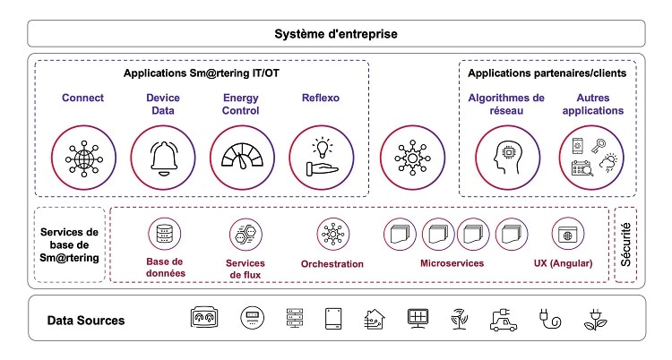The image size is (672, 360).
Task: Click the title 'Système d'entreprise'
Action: pos(335,34)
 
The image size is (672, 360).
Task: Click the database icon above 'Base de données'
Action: pos(165,235)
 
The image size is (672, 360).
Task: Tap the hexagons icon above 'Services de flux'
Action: pos(245,235)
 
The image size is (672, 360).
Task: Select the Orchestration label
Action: pos(332,264)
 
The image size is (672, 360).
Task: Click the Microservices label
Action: pos(452,263)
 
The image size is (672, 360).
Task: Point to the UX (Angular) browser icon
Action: pos(567,235)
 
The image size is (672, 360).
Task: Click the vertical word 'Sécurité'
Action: pos(626,244)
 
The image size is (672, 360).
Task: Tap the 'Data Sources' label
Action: pos(86,320)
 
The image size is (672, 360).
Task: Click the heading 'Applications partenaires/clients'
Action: pos(547,73)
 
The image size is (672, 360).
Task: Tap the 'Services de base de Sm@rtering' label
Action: pos(70,244)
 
